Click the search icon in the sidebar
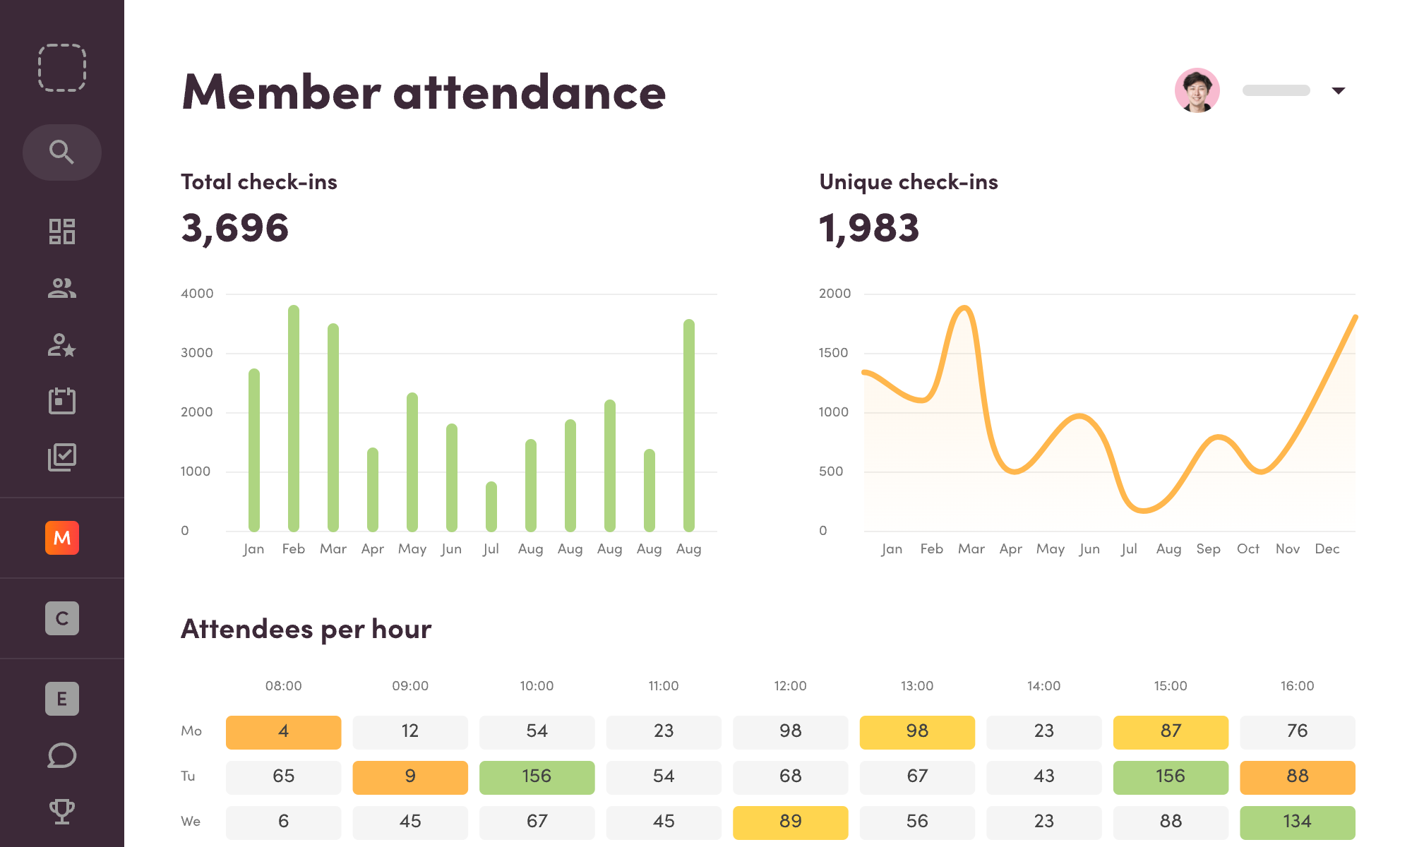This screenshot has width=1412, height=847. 61,152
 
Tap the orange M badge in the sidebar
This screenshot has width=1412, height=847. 62,538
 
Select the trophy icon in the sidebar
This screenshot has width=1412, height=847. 62,811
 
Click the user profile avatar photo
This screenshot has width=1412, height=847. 1197,90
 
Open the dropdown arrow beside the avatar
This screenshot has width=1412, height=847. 1338,90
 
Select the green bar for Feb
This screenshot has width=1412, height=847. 294,418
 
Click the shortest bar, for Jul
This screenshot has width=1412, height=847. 491,506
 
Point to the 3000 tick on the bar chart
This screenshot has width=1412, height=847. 196,353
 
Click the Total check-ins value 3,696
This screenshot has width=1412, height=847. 235,228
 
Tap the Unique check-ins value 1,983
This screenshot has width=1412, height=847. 869,228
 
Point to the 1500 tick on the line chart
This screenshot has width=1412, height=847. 833,353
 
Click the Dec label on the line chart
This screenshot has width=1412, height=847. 1327,549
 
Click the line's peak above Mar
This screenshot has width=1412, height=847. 964,308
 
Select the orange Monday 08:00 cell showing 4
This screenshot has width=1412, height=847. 283,732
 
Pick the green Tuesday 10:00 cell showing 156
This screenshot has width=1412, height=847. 537,777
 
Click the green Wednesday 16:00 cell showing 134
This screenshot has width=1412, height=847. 1297,822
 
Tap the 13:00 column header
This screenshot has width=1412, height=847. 916,686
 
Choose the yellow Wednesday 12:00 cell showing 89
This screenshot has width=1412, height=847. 790,822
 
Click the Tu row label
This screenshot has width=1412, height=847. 188,776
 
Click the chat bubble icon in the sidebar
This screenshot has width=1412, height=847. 62,755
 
